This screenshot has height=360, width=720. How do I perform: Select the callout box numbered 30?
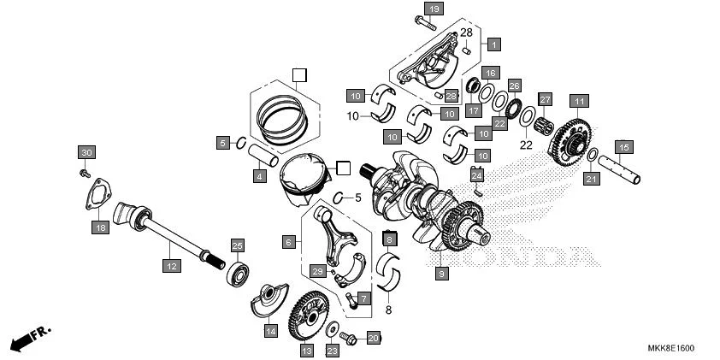pos(86,152)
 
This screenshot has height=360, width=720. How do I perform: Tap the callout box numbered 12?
pos(171,266)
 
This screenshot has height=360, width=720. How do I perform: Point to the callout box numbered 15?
pos(623,146)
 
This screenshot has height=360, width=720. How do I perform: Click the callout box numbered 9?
pos(441,274)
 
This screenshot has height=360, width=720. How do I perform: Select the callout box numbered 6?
pos(289,243)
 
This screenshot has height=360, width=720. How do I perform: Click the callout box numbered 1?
pos(493,43)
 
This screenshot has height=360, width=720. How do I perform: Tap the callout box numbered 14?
pos(270,330)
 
